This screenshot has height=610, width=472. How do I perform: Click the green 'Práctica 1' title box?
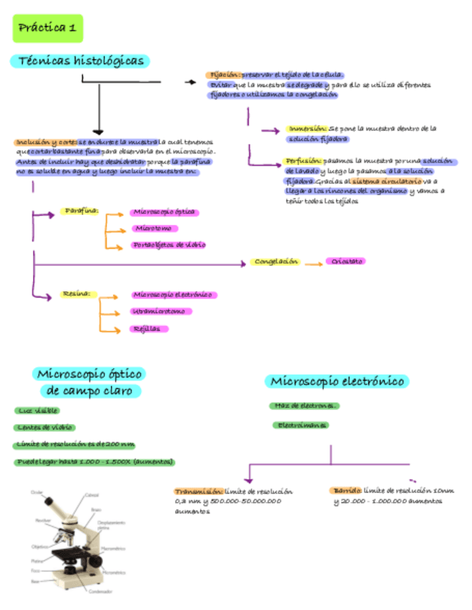(48, 28)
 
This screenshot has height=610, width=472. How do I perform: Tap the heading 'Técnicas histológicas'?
(79, 61)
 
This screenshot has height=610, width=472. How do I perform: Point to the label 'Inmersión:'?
(307, 129)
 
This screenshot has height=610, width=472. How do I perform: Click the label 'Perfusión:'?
(303, 161)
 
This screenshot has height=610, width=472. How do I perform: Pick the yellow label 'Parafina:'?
(81, 212)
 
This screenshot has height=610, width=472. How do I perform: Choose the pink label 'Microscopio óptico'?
(164, 212)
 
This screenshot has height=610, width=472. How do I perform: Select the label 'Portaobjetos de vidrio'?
(169, 245)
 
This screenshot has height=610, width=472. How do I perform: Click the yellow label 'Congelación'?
(276, 262)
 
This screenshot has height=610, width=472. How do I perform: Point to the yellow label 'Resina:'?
(75, 294)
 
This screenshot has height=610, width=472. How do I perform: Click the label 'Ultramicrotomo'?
(160, 311)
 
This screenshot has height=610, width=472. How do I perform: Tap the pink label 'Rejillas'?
(149, 329)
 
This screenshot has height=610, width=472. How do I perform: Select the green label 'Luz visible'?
(37, 410)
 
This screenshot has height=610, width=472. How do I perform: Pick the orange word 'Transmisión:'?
(199, 491)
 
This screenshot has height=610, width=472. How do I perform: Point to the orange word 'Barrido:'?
(346, 491)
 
